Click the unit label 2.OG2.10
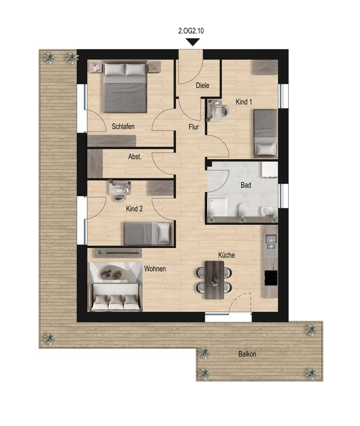click(191, 31)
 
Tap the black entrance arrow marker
click(193, 42)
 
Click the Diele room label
click(203, 85)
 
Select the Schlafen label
click(123, 127)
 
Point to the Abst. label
click(135, 157)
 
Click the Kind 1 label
click(244, 102)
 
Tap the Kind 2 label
click(134, 209)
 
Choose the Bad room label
click(246, 185)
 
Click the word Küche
click(226, 255)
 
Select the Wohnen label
click(155, 269)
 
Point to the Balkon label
click(247, 354)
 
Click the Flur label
click(194, 127)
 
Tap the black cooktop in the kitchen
click(271, 278)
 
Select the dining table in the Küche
click(214, 280)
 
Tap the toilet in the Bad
click(243, 210)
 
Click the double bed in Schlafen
click(126, 87)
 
